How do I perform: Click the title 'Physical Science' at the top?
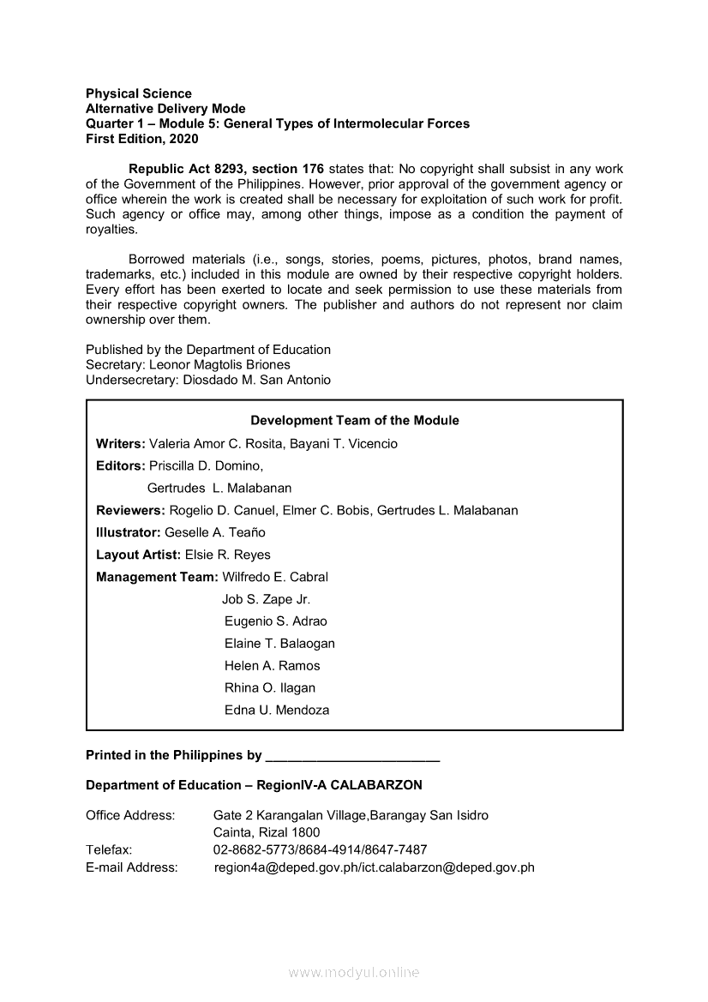coord(139,93)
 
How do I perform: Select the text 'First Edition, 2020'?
coord(141,139)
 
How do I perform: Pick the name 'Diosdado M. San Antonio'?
coord(256,380)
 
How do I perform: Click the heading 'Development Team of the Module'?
coord(354,421)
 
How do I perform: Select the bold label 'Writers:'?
coord(121,444)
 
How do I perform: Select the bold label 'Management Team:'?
coord(157,577)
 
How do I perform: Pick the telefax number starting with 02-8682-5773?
coord(320,849)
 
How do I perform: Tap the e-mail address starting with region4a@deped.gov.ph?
coord(374,867)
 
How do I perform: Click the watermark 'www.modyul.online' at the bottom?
coord(354,973)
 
